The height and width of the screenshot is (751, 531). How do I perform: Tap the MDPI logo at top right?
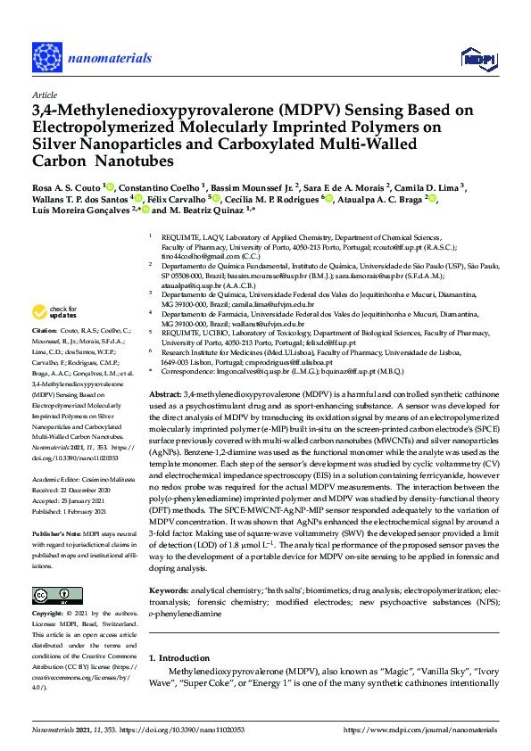(x=477, y=59)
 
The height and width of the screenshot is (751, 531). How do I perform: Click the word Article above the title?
(x=44, y=94)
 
